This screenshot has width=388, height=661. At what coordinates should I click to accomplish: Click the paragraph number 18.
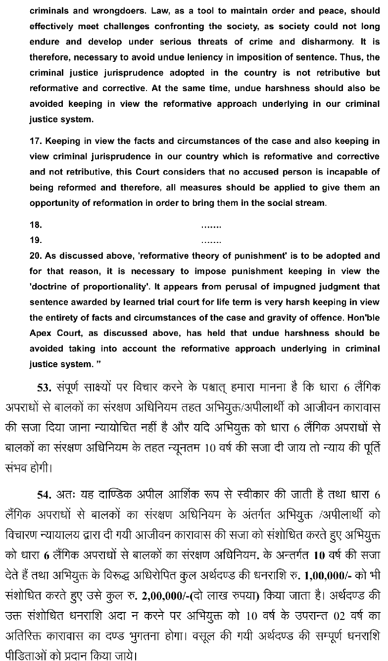(36, 225)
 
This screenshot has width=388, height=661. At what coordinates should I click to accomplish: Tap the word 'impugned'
(257, 287)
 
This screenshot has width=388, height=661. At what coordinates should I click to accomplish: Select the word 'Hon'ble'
(361, 318)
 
